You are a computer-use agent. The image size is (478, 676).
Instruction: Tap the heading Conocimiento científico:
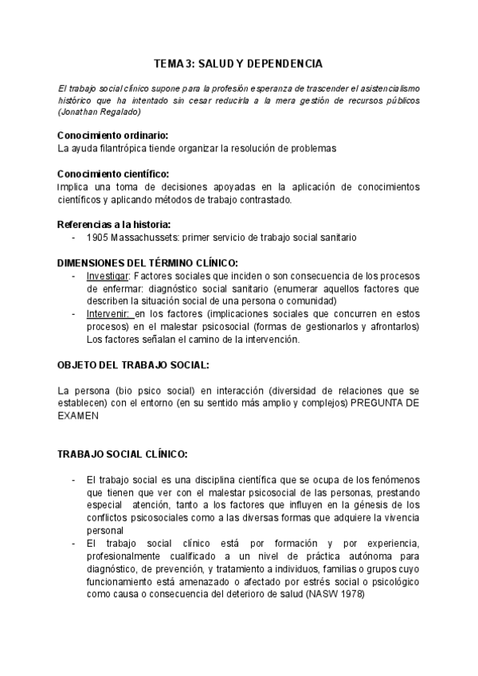click(x=113, y=175)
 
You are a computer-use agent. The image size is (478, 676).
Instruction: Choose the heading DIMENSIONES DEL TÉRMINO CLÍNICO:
click(x=148, y=263)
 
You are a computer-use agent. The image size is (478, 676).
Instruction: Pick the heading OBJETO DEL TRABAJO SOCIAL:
click(x=134, y=364)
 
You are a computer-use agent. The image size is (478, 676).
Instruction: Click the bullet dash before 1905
click(x=74, y=238)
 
